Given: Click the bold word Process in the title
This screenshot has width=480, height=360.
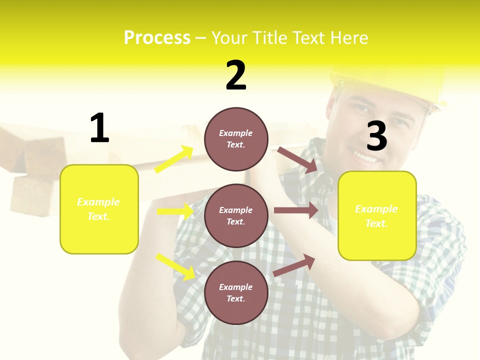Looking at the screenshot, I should (157, 38).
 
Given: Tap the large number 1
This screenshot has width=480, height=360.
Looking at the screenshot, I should (99, 128).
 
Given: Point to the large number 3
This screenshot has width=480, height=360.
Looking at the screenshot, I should (376, 136).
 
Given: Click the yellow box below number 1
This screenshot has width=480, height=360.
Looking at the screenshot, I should (99, 209).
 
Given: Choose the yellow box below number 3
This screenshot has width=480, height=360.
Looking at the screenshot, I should (377, 216).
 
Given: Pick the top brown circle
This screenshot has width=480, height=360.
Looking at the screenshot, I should (236, 139).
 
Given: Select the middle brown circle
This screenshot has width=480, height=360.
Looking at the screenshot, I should (236, 215).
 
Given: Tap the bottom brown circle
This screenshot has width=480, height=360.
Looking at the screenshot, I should (236, 292).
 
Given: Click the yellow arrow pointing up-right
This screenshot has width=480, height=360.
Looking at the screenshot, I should (174, 159).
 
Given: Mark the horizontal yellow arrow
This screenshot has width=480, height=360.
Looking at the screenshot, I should (175, 211).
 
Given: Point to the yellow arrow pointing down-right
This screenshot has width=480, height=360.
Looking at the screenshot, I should (175, 266).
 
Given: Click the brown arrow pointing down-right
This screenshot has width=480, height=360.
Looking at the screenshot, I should (297, 160).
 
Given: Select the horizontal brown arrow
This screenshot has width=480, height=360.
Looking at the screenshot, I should (296, 210).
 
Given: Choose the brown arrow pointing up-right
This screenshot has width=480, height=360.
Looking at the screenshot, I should (294, 265).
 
